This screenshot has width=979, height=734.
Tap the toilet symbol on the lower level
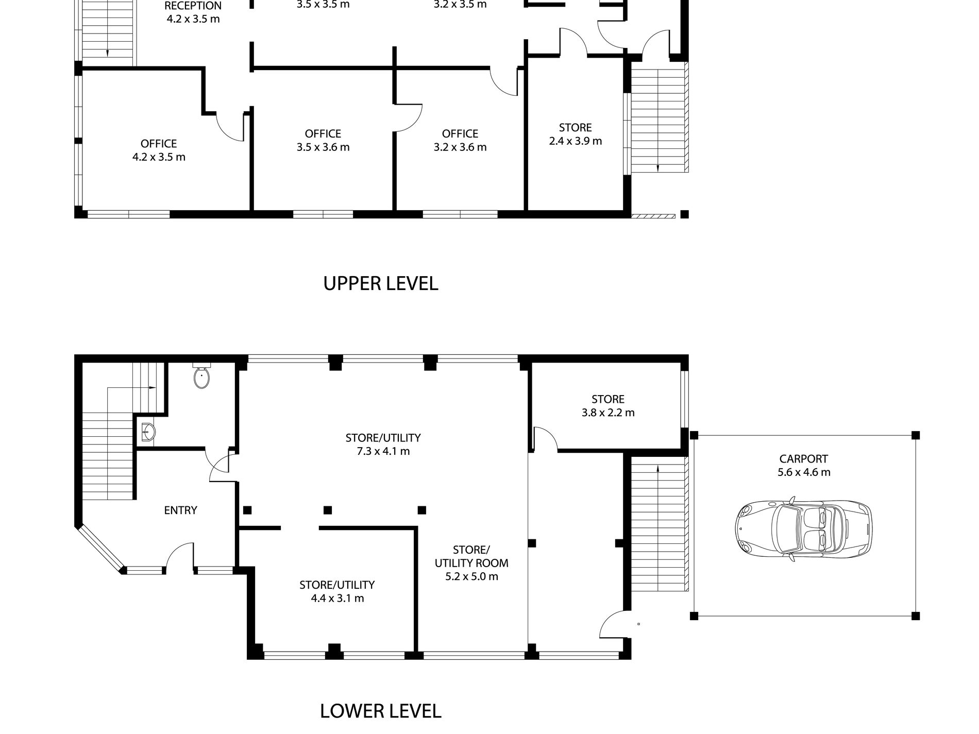click(x=201, y=377)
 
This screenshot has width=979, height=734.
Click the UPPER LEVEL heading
click(x=381, y=283)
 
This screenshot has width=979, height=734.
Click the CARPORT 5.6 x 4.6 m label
click(x=804, y=465)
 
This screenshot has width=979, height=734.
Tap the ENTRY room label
click(x=180, y=510)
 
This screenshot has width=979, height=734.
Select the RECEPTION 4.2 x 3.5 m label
click(x=193, y=12)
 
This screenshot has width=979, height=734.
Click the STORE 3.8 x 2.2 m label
click(x=608, y=406)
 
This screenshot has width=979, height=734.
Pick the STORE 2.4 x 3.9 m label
click(x=576, y=134)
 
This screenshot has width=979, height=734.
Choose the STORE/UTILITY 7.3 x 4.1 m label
click(x=383, y=445)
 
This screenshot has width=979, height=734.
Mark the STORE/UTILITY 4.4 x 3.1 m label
click(x=337, y=591)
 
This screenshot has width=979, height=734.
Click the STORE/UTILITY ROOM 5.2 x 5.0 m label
click(x=471, y=563)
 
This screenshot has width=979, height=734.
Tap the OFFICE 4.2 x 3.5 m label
click(x=159, y=150)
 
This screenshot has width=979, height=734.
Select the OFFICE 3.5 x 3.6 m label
click(x=323, y=140)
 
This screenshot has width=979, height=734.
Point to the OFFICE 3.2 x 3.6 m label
click(x=460, y=140)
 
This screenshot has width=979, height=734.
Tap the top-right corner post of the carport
click(x=915, y=435)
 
